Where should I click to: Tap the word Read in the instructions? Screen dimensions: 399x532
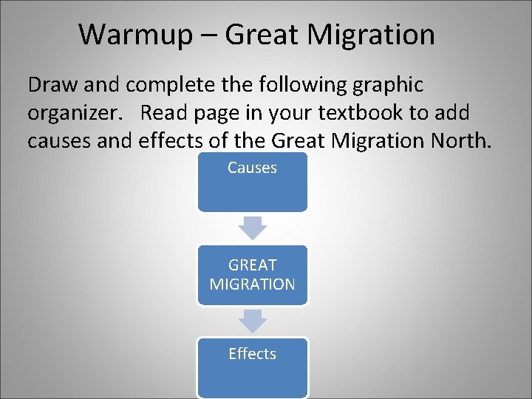click(164, 113)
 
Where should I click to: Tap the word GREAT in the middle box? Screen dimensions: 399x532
click(252, 265)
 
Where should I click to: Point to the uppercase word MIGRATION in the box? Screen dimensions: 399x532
click(252, 284)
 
